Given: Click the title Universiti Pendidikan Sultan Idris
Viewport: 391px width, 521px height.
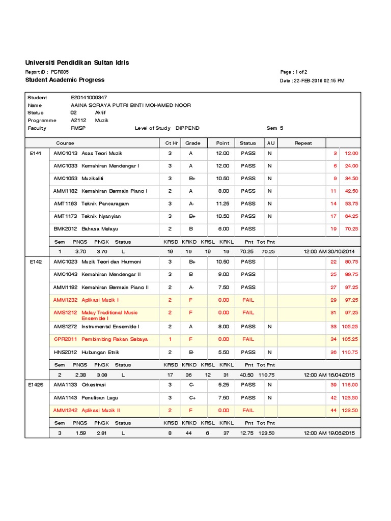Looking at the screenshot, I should click(77, 63).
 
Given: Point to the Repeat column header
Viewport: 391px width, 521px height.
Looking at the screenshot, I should click(303, 143).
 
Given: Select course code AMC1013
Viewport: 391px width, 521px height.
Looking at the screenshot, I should click(66, 153).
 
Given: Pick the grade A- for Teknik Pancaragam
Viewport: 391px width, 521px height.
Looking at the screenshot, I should click(191, 204).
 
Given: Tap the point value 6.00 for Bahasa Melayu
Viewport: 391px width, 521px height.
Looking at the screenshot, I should click(223, 229).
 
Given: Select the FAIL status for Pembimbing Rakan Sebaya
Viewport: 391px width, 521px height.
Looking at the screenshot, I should click(248, 339).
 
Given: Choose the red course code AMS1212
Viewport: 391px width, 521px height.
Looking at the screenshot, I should click(66, 312).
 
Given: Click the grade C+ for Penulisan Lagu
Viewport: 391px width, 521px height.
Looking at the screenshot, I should click(191, 398).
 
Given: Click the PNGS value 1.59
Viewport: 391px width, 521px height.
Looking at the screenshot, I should click(80, 433).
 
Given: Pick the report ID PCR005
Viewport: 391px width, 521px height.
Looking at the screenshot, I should click(60, 72).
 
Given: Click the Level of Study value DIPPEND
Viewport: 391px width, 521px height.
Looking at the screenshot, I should click(187, 128).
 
